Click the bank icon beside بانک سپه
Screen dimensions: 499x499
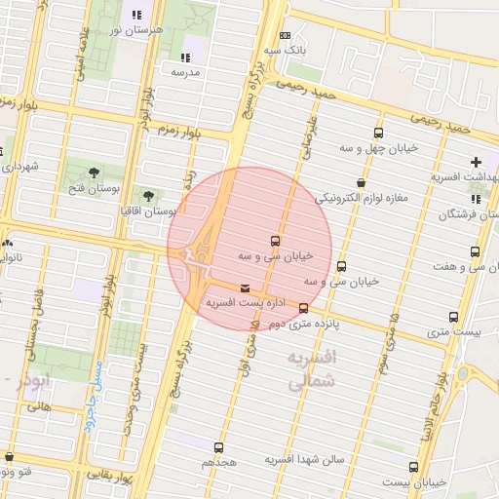click(x=285, y=34)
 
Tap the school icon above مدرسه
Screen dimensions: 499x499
click(x=185, y=58)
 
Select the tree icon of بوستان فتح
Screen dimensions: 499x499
click(x=95, y=173)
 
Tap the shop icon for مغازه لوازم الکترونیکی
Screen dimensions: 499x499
click(x=362, y=182)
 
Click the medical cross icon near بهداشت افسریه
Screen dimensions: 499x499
click(x=476, y=162)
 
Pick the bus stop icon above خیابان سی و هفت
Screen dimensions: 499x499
click(x=475, y=251)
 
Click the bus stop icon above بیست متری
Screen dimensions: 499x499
click(x=453, y=317)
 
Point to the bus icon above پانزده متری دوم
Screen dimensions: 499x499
click(x=303, y=308)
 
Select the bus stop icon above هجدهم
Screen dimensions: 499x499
click(x=217, y=447)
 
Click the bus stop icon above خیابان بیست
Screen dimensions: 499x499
click(x=414, y=467)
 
